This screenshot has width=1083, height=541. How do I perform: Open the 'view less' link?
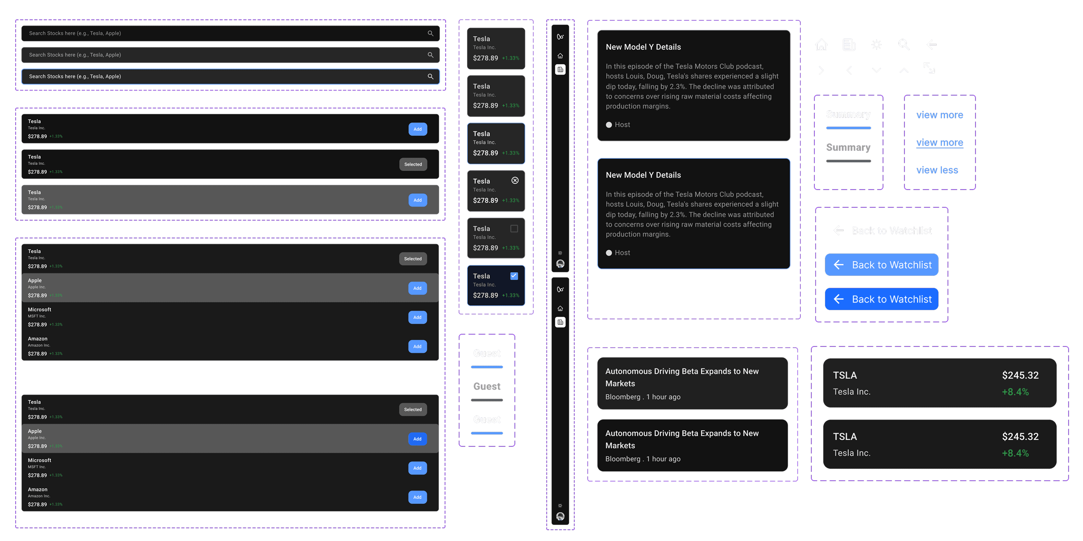click(937, 170)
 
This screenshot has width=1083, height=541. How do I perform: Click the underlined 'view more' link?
click(940, 142)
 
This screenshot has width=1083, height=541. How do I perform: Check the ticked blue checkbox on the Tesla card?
click(514, 276)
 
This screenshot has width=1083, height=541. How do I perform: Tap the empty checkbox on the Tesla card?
click(514, 228)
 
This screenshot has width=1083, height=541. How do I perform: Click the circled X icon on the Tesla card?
click(515, 180)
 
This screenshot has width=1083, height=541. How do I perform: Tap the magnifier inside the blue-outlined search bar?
click(430, 77)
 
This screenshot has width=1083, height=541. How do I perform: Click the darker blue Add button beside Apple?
click(417, 439)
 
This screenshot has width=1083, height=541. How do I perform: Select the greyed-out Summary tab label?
click(848, 147)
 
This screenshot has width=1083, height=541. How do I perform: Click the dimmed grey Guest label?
click(487, 386)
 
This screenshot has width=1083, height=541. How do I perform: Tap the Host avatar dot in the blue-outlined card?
click(609, 253)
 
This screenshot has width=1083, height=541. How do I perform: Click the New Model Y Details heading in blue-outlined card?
click(643, 175)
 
